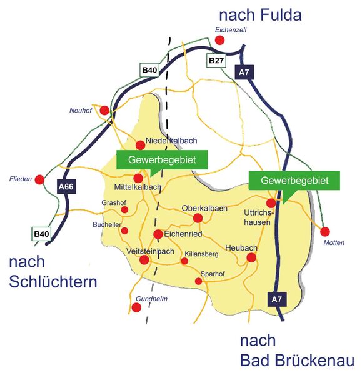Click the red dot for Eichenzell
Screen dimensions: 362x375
point(219,40)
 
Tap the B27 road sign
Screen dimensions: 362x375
point(216,60)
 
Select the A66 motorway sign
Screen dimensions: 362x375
point(66,186)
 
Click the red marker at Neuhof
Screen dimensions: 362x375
point(104,111)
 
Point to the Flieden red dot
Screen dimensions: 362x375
point(39,179)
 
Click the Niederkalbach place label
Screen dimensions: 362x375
point(171,141)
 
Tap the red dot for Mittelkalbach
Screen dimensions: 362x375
point(138,178)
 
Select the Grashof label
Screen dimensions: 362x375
point(114,202)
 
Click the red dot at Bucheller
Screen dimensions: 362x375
point(124,231)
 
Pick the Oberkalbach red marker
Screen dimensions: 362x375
point(198,218)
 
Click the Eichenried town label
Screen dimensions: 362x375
point(183,234)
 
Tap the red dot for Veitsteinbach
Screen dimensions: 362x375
point(144,260)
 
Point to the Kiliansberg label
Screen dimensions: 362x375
point(201,254)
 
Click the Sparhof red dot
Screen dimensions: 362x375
point(198,281)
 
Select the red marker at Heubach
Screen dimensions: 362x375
point(251,257)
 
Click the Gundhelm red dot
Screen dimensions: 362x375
point(136,307)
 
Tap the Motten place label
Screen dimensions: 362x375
point(334,242)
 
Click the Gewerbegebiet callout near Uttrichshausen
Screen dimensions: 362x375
point(294,181)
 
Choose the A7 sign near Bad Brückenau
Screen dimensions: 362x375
point(277,299)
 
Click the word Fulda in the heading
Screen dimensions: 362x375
point(281,15)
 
